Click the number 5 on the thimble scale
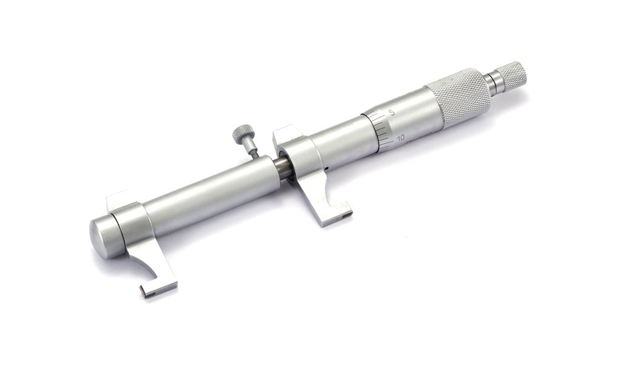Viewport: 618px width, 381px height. [x=391, y=112]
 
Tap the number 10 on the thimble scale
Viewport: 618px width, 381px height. [x=402, y=138]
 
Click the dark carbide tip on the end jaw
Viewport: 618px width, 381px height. [x=148, y=294]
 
